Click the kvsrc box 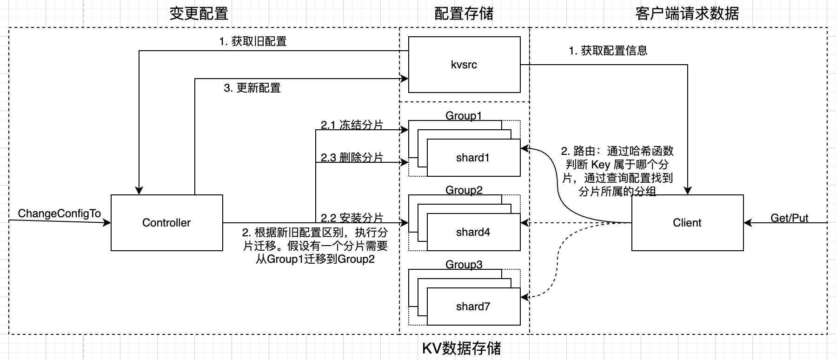click(x=464, y=65)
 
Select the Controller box click(x=166, y=223)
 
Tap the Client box click(x=687, y=223)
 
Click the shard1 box click(x=473, y=158)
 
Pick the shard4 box click(x=473, y=232)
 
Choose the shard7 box click(x=473, y=307)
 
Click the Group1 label click(x=464, y=115)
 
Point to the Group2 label click(x=464, y=190)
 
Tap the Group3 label click(x=464, y=264)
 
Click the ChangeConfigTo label click(x=59, y=213)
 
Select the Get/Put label click(x=789, y=218)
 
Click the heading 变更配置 click(x=199, y=13)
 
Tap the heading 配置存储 click(x=464, y=13)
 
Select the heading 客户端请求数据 click(x=687, y=13)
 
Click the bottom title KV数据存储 click(x=461, y=348)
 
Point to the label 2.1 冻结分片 click(x=352, y=125)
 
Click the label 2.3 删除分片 click(x=352, y=157)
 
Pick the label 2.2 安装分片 click(x=352, y=218)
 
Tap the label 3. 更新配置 click(x=252, y=88)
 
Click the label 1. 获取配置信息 click(x=608, y=51)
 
